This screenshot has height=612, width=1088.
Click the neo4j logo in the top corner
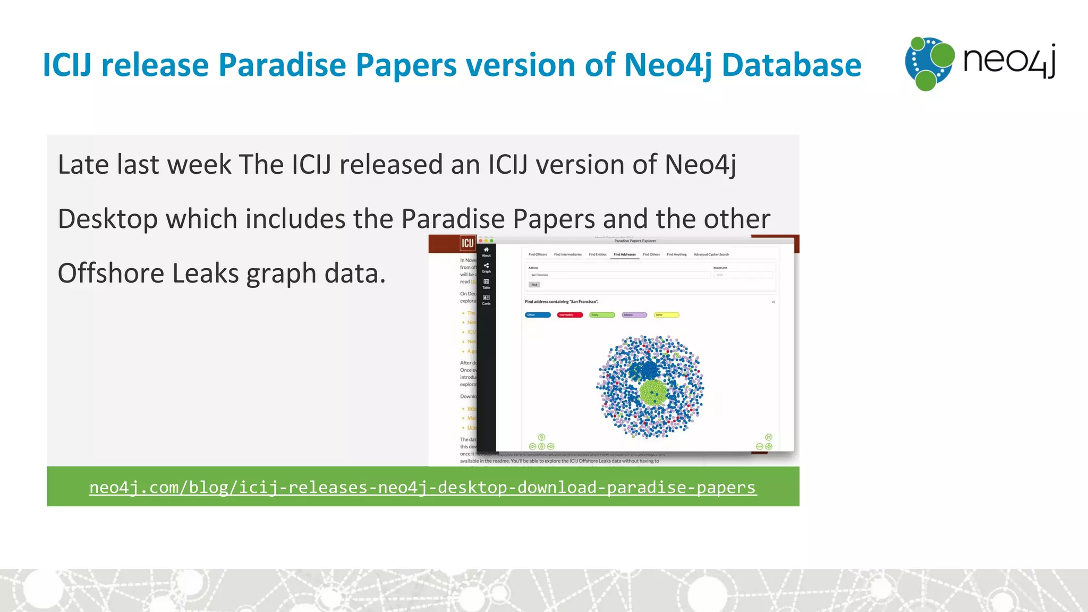980,63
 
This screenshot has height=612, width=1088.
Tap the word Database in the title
791,65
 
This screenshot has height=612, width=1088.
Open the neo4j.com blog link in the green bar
422,487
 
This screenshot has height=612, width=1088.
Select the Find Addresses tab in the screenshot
624,254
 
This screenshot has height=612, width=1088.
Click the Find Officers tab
537,254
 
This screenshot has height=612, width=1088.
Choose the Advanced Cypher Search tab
711,254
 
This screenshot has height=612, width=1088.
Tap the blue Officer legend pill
538,315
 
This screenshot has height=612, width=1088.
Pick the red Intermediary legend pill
569,315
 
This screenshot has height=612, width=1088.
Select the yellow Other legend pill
666,315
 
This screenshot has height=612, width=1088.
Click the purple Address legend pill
634,315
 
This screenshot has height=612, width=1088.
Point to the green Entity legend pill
602,315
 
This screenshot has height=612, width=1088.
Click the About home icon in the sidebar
486,251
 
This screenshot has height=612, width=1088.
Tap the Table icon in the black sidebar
486,283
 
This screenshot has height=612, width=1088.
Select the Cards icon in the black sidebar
486,299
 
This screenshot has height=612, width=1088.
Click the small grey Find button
534,285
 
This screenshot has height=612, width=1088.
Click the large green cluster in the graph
653,393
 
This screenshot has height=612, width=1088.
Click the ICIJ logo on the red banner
467,243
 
